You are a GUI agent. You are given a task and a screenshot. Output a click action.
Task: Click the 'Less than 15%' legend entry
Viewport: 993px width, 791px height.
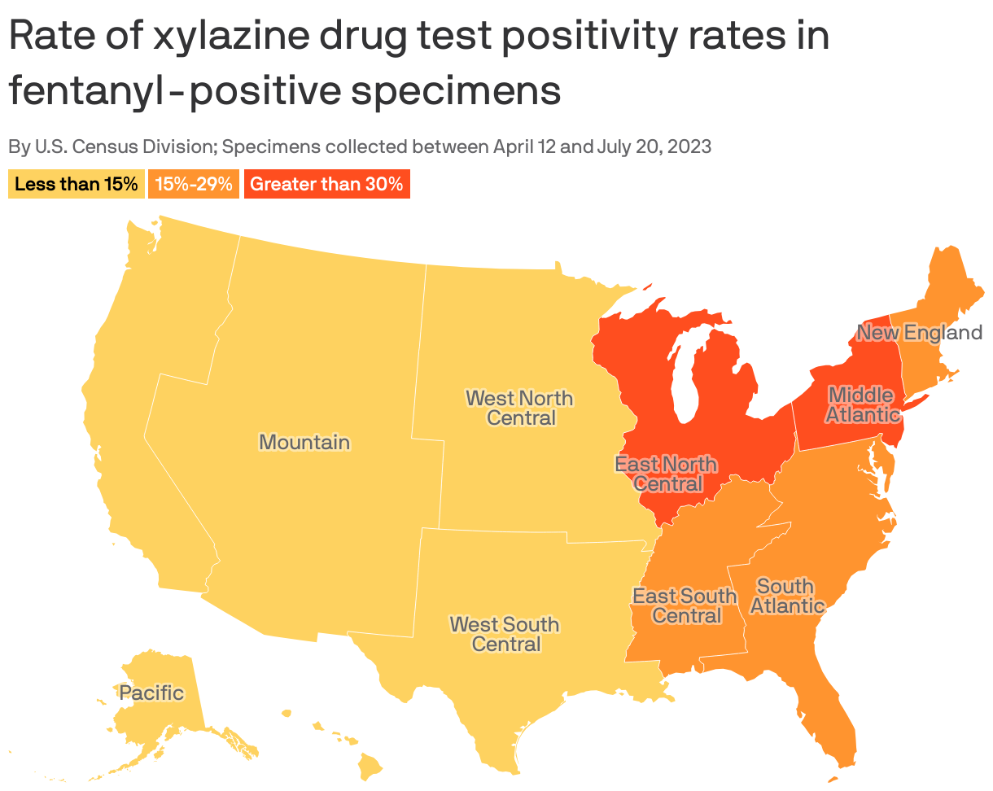click(x=77, y=184)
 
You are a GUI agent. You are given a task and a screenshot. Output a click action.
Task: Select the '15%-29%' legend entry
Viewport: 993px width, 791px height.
click(x=194, y=184)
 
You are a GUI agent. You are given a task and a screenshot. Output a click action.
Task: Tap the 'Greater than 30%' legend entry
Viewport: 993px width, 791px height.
click(x=326, y=184)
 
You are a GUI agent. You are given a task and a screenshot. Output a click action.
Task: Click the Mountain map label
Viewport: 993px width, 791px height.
click(x=304, y=443)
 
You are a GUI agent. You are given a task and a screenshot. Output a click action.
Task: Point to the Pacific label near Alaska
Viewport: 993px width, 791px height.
click(x=151, y=693)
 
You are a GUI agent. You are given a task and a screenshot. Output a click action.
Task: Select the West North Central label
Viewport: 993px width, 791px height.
click(x=519, y=409)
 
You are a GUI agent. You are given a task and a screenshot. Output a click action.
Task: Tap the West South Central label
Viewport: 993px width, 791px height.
click(x=505, y=635)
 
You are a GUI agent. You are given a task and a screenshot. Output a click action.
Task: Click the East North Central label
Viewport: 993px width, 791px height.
click(x=666, y=474)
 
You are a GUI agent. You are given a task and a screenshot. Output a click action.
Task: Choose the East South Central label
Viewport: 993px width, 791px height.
click(x=685, y=606)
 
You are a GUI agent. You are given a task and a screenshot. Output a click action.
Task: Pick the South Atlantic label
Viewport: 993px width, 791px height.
click(x=786, y=597)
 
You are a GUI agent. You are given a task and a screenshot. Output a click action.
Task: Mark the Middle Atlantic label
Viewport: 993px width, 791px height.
click(x=862, y=405)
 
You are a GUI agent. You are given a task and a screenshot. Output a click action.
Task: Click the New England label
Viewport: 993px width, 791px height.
click(x=919, y=332)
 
